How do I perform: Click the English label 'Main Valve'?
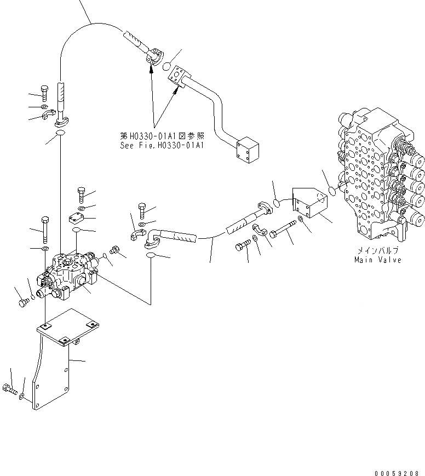coord(377,260)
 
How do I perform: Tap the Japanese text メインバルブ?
coord(377,250)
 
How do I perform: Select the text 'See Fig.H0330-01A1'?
coord(162,146)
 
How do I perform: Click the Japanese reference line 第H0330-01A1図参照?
coord(162,135)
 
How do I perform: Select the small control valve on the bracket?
coord(68,274)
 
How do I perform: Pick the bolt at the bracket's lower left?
coord(9,390)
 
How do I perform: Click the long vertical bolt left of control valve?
coord(44,230)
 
